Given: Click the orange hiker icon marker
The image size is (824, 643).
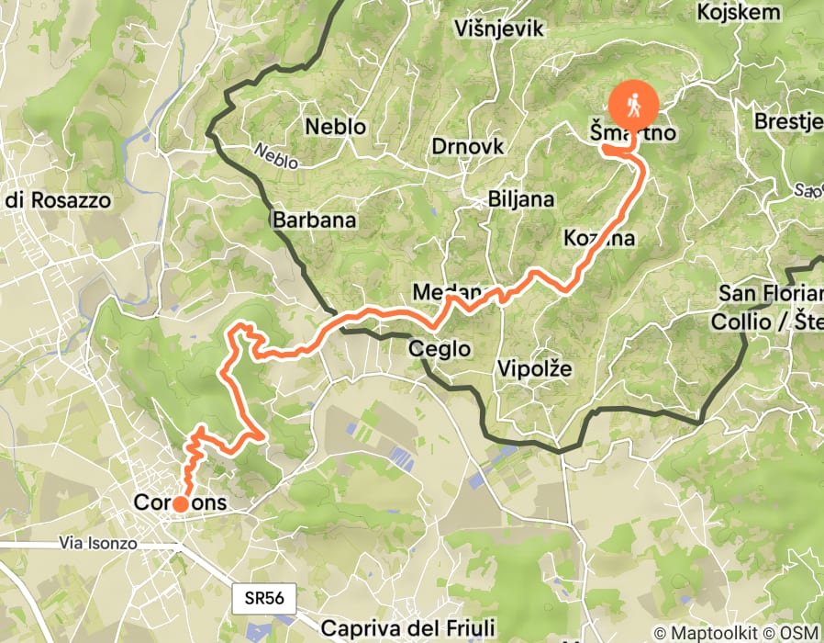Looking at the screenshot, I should (x=633, y=106).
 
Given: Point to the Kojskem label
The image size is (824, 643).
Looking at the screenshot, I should (x=739, y=13).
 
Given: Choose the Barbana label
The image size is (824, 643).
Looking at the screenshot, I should (x=313, y=220).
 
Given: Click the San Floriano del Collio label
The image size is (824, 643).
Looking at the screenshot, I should (x=771, y=308).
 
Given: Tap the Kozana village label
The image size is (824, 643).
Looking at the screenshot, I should (x=599, y=239).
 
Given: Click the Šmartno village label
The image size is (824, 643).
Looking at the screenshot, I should (x=633, y=134).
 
